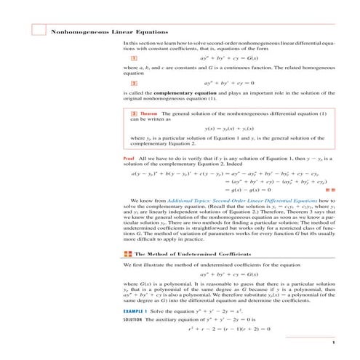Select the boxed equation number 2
coord(134,84)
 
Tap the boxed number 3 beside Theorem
coord(133,114)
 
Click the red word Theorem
coord(148,114)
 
